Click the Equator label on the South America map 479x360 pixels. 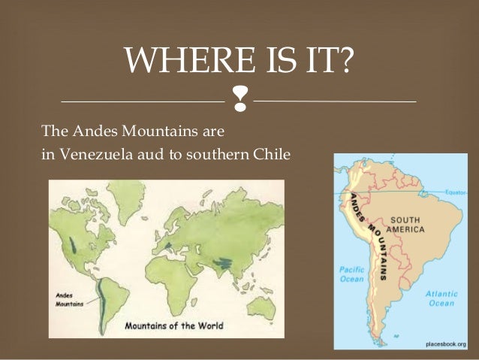pos(456,193)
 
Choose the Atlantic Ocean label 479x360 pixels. pos(441,299)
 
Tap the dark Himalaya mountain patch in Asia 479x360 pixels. pos(222,263)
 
